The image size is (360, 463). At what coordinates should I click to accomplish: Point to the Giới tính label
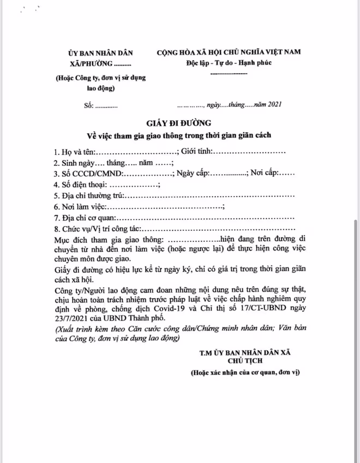(x=199, y=150)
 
